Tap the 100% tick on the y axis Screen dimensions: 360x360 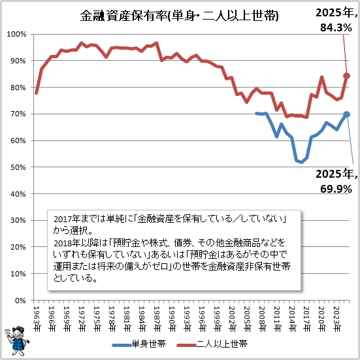(x=16, y=34)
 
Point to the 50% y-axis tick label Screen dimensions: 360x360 (x=18, y=167)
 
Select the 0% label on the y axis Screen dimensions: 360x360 (x=20, y=301)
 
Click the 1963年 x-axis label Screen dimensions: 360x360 (x=37, y=319)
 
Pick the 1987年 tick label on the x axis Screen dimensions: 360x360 (x=157, y=319)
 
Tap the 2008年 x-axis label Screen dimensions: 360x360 (x=262, y=319)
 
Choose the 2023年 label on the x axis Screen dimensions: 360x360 (x=337, y=319)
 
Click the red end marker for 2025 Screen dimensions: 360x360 (x=347, y=76)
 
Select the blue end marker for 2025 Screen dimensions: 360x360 (x=347, y=114)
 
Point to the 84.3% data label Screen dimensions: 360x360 (x=336, y=28)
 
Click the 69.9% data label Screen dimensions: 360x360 (x=336, y=189)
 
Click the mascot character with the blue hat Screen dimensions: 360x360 (x=17, y=340)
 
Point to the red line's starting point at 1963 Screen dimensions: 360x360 (x=37, y=93)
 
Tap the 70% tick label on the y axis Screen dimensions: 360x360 (x=18, y=114)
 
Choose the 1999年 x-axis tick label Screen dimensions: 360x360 (x=217, y=319)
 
